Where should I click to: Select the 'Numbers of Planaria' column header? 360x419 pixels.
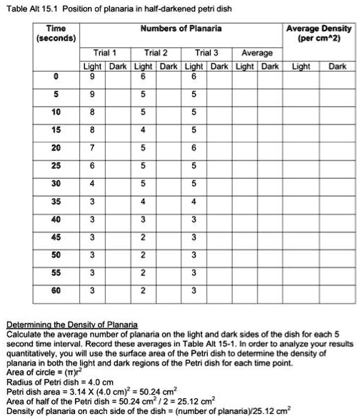(x=181, y=29)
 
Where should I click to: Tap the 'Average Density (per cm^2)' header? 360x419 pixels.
(x=319, y=34)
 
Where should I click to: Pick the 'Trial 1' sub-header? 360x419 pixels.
(x=105, y=54)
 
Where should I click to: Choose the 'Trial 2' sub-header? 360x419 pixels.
(x=156, y=54)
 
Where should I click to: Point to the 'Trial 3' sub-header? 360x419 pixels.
(x=207, y=54)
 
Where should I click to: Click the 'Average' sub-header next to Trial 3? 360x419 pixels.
(x=256, y=54)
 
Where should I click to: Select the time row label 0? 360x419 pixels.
(x=56, y=76)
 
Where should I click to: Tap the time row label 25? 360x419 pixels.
(x=56, y=165)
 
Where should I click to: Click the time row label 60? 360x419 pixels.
(x=56, y=290)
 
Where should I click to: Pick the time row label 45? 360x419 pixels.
(x=56, y=237)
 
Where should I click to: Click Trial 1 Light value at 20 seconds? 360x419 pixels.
(x=91, y=147)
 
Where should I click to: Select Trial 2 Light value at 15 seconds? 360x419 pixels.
(x=143, y=129)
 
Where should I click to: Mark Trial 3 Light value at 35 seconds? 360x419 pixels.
(x=194, y=201)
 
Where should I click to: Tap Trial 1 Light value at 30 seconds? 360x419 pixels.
(x=91, y=183)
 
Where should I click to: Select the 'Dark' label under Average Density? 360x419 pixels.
(x=337, y=66)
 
